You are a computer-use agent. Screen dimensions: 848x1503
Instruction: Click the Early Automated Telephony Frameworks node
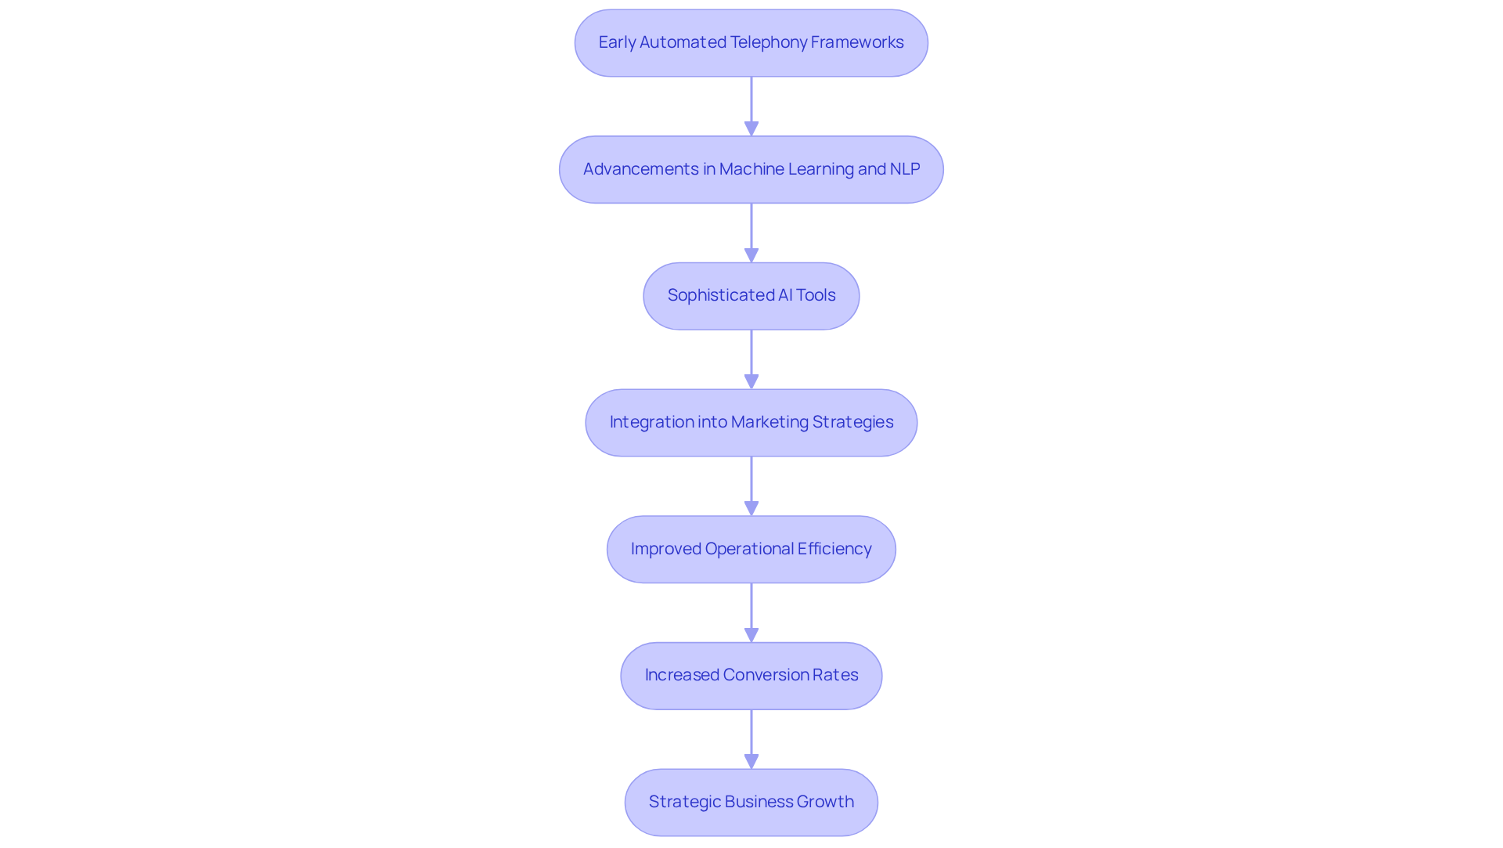(x=751, y=43)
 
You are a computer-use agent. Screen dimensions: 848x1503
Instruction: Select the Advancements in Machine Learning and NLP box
(x=751, y=170)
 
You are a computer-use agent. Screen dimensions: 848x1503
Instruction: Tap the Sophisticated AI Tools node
(x=751, y=296)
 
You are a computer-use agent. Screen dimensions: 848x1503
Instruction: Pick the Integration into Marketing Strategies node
(x=751, y=423)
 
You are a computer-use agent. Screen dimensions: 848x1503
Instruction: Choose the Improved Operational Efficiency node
(x=751, y=549)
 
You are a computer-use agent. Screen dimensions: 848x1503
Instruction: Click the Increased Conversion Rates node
(x=751, y=676)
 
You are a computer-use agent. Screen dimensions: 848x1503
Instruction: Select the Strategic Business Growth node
(x=751, y=802)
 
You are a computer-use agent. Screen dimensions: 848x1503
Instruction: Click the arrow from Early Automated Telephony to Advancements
(x=751, y=106)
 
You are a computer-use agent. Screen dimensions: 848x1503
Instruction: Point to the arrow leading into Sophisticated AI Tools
(x=751, y=233)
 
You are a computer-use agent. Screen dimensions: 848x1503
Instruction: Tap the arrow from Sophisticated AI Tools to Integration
(x=751, y=359)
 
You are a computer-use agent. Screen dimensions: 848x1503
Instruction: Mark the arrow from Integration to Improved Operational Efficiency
(x=751, y=485)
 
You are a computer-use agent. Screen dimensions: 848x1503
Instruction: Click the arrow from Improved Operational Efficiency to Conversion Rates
(x=751, y=612)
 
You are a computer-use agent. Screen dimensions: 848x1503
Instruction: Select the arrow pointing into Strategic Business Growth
(x=751, y=738)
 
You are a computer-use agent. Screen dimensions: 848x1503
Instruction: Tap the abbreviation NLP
(x=905, y=169)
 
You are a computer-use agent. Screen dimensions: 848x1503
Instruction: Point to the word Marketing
(x=770, y=422)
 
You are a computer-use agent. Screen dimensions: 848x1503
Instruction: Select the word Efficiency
(x=834, y=549)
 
